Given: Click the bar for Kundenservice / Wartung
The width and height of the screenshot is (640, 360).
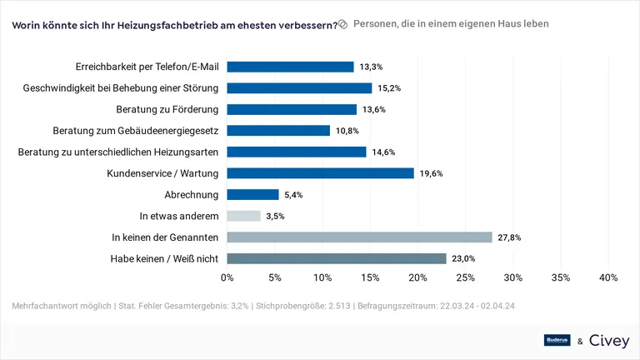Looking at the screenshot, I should tap(320, 173).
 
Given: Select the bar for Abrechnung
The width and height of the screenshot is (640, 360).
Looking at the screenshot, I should tap(252, 195).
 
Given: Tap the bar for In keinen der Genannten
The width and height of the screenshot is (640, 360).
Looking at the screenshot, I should tap(359, 237).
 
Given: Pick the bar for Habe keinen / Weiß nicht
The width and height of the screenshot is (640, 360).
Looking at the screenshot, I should tap(337, 259).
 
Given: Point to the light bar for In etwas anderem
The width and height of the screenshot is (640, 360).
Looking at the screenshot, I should tap(243, 216).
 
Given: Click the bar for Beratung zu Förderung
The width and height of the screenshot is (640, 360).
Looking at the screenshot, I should tap(292, 109).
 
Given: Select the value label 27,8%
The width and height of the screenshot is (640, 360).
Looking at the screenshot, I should tap(509, 237).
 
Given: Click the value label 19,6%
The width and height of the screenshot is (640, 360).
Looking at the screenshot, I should tap(431, 173).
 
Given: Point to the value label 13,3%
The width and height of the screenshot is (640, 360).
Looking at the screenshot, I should tap(371, 67).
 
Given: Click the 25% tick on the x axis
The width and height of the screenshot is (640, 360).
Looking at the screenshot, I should tap(465, 277).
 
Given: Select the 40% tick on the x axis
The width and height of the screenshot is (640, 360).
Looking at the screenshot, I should tap(607, 277).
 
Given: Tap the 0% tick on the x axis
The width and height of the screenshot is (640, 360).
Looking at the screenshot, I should tap(227, 277).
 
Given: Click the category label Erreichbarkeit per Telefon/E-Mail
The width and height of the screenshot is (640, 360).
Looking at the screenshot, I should tap(146, 67).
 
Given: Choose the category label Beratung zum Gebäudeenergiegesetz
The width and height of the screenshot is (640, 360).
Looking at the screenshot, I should tap(136, 131).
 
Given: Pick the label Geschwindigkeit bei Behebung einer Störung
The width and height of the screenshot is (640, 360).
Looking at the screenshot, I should tap(121, 87).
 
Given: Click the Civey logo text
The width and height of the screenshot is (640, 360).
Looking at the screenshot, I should tap(609, 340).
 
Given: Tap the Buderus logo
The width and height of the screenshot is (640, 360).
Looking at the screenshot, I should tap(557, 340).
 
